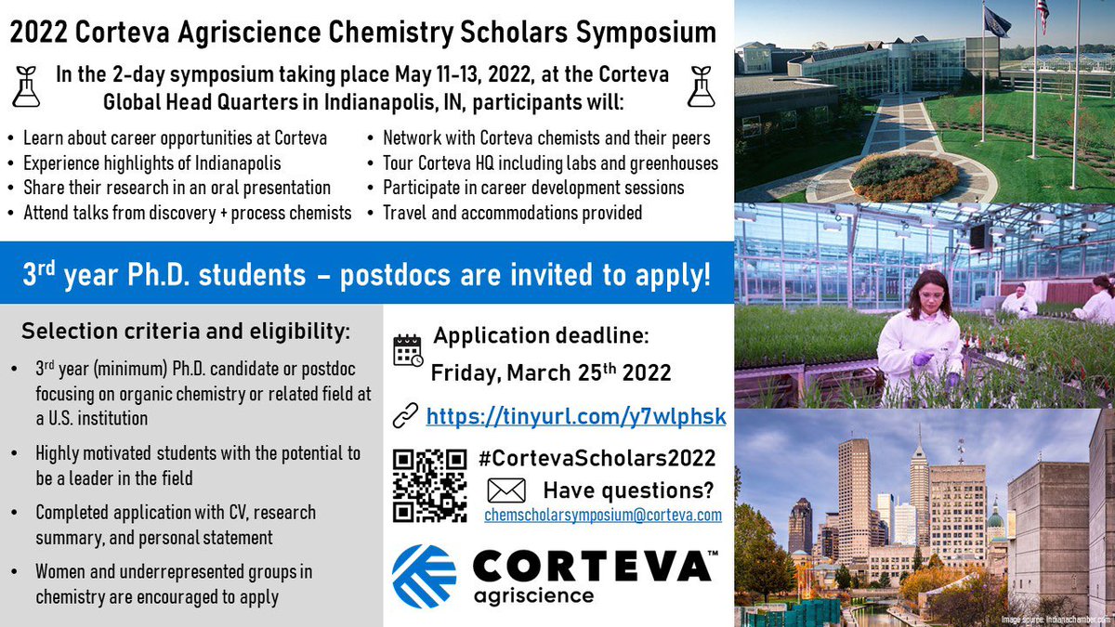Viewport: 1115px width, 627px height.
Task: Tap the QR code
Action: point(428,485)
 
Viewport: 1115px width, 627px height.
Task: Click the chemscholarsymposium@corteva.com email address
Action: point(603,516)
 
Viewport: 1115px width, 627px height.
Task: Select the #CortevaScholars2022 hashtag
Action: point(598,458)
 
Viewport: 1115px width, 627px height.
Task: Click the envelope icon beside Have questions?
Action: point(505,490)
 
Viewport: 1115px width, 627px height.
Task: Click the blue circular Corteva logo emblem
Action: point(424,576)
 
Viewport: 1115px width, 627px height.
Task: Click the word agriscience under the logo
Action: point(534,594)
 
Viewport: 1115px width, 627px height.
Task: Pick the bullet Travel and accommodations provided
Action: point(512,213)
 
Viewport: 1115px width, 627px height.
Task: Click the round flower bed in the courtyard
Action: point(903,176)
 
